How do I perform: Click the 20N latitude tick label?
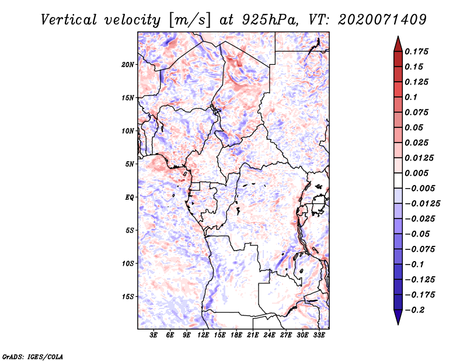(128, 65)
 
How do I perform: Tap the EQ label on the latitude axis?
(130, 197)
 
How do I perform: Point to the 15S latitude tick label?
(128, 297)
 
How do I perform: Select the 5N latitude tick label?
(130, 164)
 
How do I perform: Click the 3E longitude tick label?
(154, 335)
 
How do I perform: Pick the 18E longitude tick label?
(236, 335)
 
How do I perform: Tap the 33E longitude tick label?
(319, 335)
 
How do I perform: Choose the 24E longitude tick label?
(269, 335)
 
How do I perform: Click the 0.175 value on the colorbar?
(416, 51)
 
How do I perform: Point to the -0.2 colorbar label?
(414, 310)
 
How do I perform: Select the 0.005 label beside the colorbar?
(416, 173)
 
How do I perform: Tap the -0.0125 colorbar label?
(422, 204)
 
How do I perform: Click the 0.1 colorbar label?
(411, 97)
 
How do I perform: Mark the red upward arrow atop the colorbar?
(398, 44)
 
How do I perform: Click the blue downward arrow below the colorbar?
(398, 317)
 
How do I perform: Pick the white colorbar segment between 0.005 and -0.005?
(398, 180)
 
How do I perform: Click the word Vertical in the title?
(68, 20)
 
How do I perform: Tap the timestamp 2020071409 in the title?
(382, 20)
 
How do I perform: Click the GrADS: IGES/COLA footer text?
(33, 356)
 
